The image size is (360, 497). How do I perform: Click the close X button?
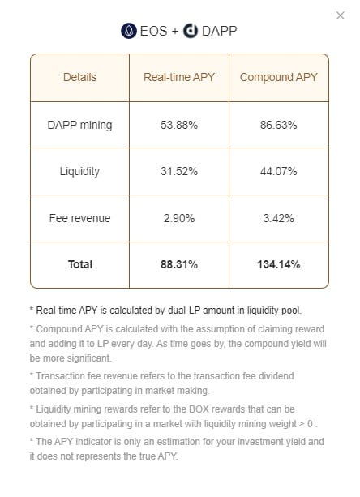click(x=340, y=15)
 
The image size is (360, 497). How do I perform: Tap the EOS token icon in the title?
click(x=128, y=31)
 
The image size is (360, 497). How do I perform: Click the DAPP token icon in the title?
click(x=191, y=31)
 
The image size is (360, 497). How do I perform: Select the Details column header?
click(x=79, y=77)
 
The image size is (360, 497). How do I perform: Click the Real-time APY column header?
click(x=178, y=77)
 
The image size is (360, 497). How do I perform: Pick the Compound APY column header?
click(x=279, y=77)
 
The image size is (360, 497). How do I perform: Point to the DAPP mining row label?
click(x=79, y=125)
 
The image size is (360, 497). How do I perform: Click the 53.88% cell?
click(x=178, y=125)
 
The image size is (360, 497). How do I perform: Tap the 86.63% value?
click(x=279, y=125)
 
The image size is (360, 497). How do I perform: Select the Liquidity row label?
click(x=79, y=171)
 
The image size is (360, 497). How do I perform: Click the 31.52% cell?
click(x=178, y=171)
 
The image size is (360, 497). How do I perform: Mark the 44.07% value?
click(x=279, y=171)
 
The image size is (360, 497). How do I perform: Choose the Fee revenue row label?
click(x=79, y=218)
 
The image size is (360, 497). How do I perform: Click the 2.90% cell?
click(x=178, y=218)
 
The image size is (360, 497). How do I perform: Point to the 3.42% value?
click(x=279, y=218)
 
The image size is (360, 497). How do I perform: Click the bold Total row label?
click(x=79, y=264)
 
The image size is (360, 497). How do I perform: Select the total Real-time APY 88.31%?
click(x=178, y=264)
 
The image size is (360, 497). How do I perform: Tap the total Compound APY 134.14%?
click(x=279, y=264)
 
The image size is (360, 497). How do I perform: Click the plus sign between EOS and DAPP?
click(x=174, y=32)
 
